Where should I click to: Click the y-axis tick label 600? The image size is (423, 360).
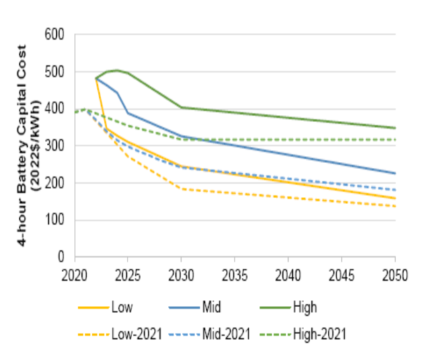(55, 34)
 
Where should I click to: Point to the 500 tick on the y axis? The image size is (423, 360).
(55, 71)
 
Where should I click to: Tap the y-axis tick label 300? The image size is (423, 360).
(55, 146)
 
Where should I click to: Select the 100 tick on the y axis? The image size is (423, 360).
(55, 221)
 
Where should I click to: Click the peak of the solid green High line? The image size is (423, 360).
(117, 70)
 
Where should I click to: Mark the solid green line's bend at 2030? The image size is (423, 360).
(182, 107)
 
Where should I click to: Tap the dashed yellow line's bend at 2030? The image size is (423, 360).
(182, 189)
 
